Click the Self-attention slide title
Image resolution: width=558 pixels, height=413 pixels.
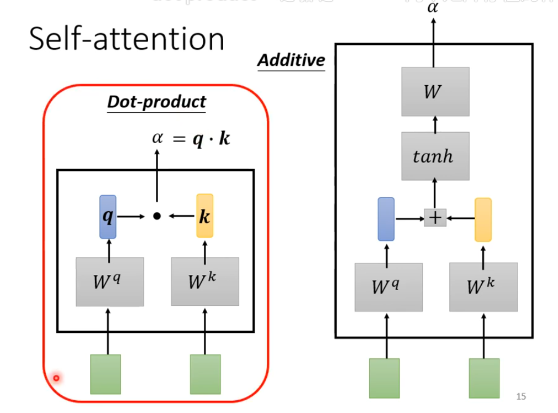[127, 39]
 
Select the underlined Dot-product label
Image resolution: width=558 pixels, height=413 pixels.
[156, 102]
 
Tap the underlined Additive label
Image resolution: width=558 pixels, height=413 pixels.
[291, 60]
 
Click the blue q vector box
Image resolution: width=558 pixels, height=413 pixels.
[108, 217]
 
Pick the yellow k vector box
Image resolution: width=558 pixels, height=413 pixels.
[205, 216]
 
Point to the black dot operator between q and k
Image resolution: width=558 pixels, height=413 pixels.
[156, 217]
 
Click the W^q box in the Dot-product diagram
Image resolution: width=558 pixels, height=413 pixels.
[110, 282]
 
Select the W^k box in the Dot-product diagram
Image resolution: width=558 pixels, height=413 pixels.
[205, 281]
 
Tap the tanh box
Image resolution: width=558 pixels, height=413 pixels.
[435, 156]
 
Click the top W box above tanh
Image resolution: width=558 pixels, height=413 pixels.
[435, 91]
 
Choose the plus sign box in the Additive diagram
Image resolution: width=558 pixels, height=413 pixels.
[435, 218]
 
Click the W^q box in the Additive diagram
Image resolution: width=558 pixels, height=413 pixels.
[388, 287]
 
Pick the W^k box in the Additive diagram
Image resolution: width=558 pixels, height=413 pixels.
[483, 287]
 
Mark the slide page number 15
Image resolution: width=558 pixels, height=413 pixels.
[521, 396]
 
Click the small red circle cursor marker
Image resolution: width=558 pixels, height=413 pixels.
[56, 378]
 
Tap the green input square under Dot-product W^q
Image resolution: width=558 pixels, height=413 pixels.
[106, 374]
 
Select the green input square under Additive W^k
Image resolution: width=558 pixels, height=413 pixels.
[484, 378]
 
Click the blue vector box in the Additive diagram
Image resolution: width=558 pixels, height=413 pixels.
[386, 219]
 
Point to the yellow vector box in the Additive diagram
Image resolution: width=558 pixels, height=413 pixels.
[483, 219]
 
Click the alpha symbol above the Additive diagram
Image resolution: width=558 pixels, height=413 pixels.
[434, 7]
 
